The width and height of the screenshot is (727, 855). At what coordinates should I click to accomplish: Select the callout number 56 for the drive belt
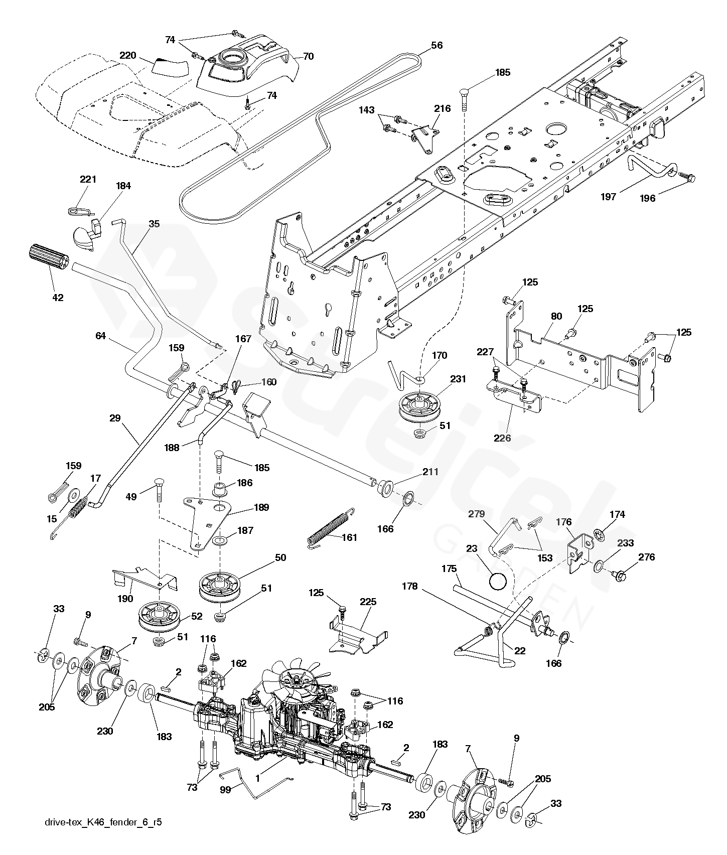click(437, 45)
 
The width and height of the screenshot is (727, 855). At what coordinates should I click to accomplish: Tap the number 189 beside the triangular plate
click(261, 507)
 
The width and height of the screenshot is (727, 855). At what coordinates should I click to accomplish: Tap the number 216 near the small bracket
click(442, 108)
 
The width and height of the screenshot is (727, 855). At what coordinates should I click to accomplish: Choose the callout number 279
click(477, 514)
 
